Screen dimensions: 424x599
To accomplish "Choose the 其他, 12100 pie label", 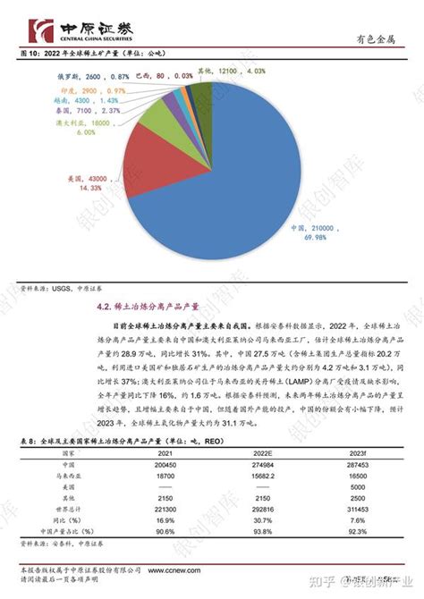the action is (x=244, y=70).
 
